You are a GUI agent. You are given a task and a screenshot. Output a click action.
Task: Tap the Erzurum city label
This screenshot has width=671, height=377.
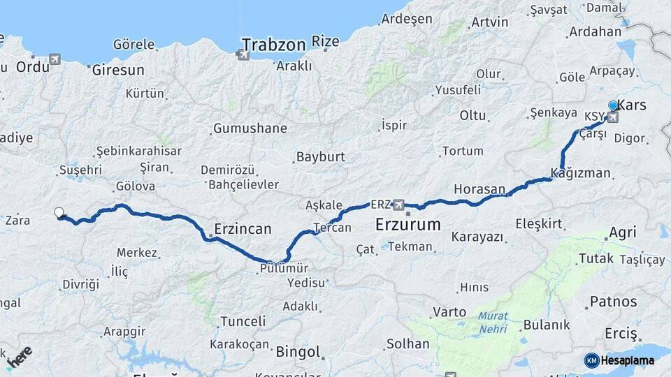click(x=408, y=225)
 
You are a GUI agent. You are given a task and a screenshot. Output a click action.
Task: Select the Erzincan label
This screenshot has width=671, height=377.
click(x=243, y=229)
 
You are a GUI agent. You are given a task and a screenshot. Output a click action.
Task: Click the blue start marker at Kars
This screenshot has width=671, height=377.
click(x=613, y=105)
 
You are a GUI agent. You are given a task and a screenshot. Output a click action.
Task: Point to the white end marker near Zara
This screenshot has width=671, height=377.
click(x=59, y=213)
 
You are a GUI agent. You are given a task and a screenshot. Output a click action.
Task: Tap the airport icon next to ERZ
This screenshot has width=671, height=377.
click(x=398, y=205)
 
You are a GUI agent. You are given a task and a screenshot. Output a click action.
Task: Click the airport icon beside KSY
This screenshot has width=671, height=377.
click(x=613, y=117)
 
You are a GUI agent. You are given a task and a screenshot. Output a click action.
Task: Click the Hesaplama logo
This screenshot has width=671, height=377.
click(x=621, y=360)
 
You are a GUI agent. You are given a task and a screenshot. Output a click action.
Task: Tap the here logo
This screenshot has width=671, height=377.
click(x=18, y=355)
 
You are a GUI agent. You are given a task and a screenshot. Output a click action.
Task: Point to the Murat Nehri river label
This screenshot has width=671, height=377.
click(x=493, y=321)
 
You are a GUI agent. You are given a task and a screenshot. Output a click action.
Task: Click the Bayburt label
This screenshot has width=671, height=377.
click(x=321, y=157)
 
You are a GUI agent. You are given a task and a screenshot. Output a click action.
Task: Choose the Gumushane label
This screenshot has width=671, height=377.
click(x=250, y=128)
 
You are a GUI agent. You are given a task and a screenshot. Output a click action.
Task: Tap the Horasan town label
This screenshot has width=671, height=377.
click(x=479, y=189)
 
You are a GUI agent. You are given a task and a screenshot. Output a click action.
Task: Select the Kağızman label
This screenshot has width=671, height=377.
click(x=581, y=173)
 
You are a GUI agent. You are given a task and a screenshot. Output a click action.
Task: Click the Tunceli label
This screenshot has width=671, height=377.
click(x=243, y=321)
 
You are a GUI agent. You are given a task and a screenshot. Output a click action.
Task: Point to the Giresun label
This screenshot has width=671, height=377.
click(x=117, y=70)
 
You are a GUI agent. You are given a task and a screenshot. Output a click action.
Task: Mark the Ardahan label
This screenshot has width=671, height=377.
click(x=596, y=31)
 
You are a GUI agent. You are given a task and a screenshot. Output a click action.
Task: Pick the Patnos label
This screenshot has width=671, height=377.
click(x=614, y=302)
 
